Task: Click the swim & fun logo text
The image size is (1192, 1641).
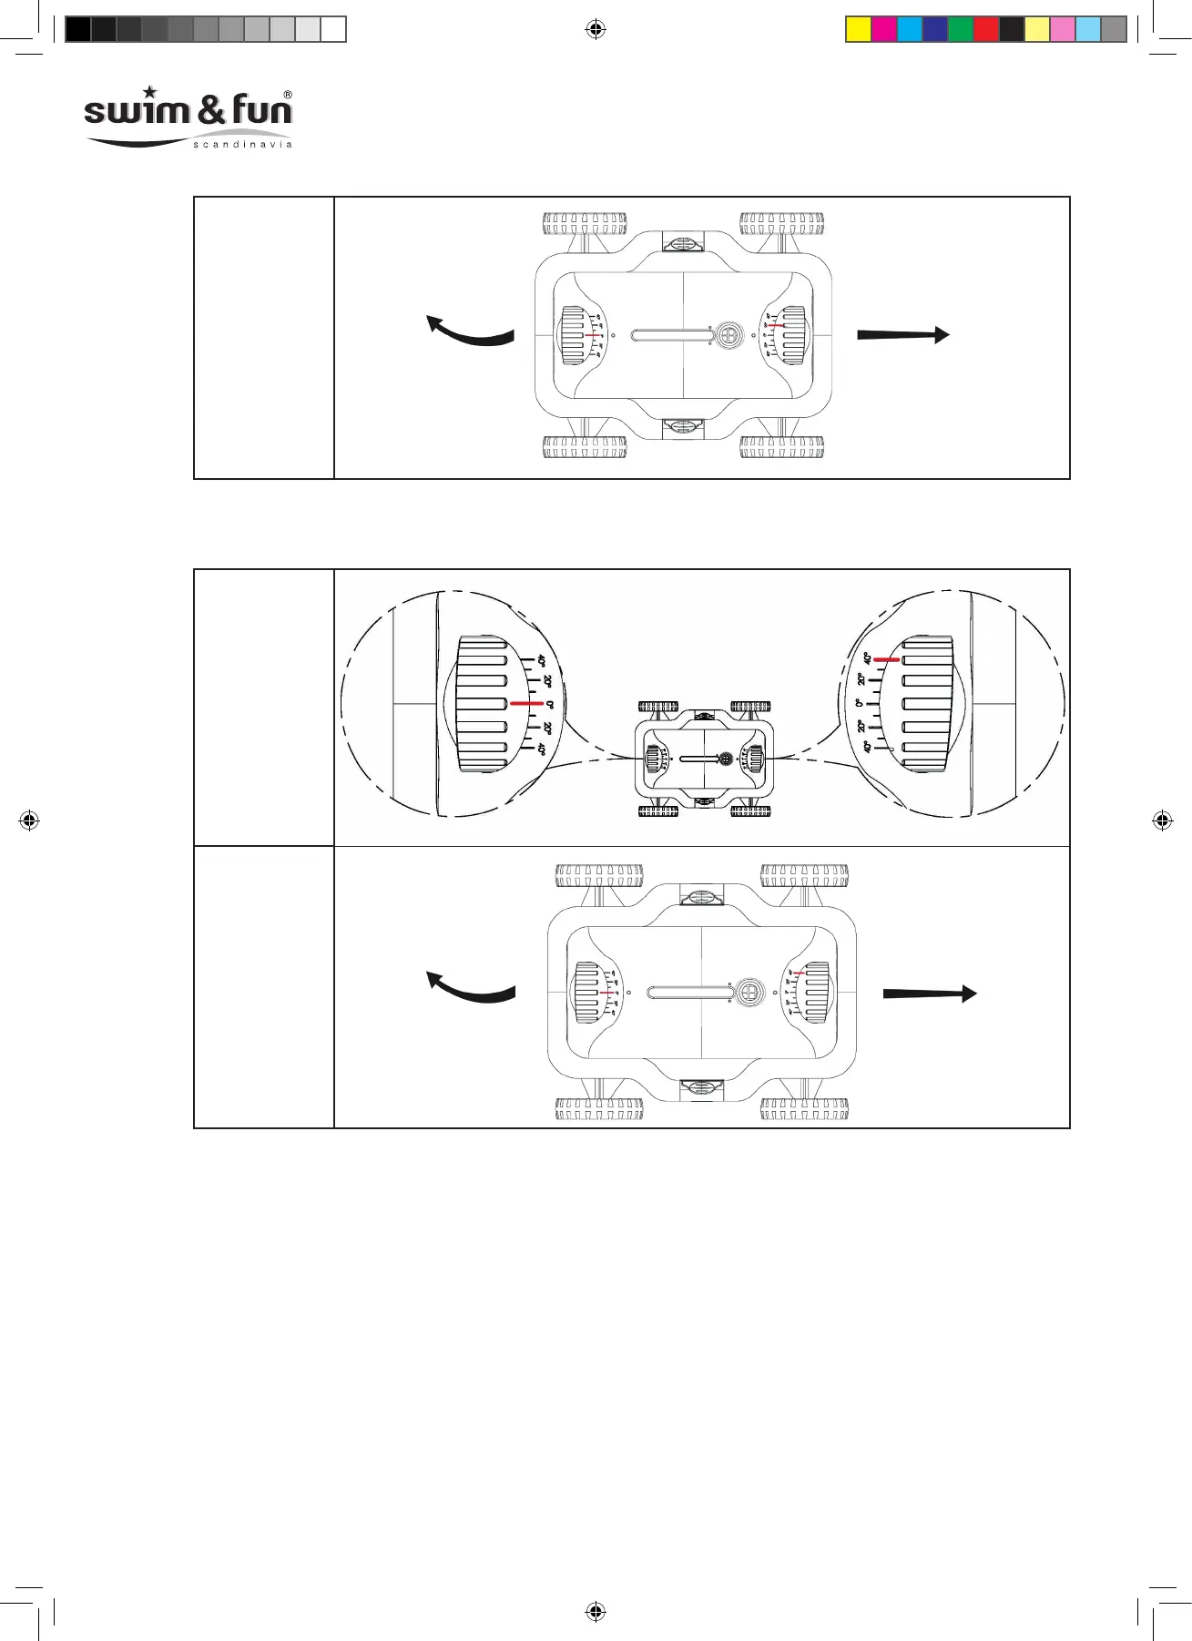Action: [188, 111]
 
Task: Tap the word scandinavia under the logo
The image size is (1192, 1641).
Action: [242, 145]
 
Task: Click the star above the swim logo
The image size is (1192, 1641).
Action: [150, 92]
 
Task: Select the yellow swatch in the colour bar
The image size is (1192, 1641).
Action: [859, 29]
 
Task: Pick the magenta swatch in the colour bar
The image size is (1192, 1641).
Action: [884, 29]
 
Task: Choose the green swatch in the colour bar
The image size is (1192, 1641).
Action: [961, 29]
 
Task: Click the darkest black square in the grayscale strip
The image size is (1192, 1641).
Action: [78, 29]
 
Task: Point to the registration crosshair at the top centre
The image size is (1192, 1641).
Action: [595, 29]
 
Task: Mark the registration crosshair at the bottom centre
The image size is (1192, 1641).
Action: [595, 1611]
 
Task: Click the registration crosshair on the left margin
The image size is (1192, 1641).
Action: [29, 820]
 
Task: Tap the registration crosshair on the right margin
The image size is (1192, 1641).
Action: [1162, 820]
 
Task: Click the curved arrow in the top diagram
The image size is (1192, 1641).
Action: [469, 331]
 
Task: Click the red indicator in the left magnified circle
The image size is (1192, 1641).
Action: [526, 703]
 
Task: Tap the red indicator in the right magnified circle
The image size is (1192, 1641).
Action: [887, 659]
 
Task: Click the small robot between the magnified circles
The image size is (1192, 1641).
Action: [705, 759]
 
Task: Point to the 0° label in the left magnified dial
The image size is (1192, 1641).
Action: [549, 704]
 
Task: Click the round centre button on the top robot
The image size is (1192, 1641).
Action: [727, 335]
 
